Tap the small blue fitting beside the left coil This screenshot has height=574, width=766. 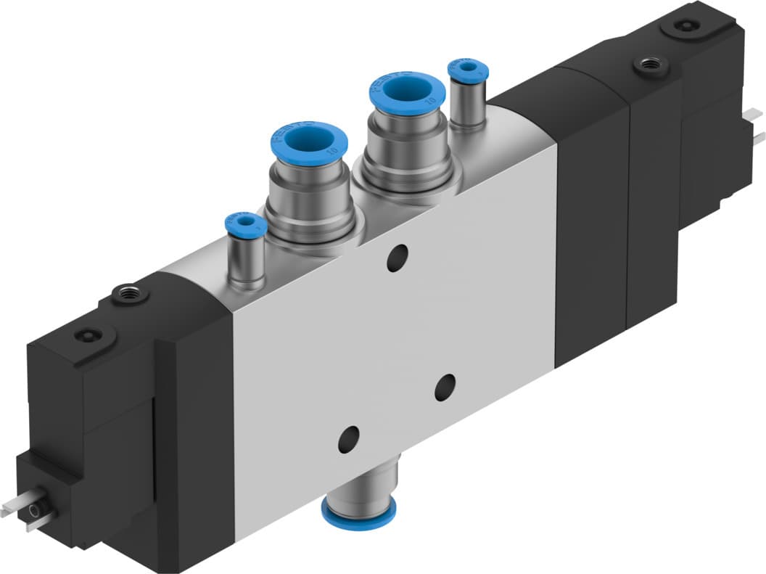click(242, 223)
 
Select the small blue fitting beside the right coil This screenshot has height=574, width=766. click(468, 71)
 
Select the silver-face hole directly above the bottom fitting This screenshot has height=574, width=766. click(349, 437)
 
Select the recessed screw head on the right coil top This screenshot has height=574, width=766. click(683, 25)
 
